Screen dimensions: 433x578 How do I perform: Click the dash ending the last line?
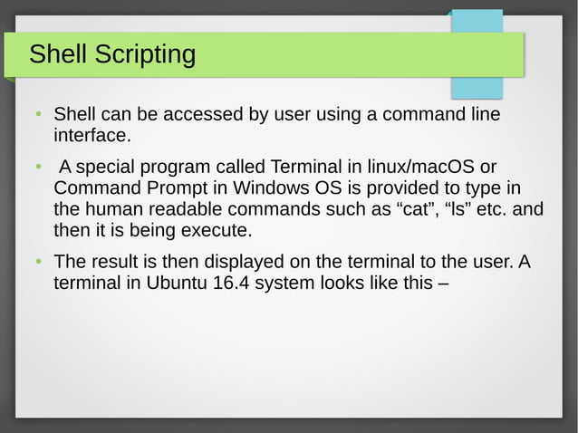point(443,283)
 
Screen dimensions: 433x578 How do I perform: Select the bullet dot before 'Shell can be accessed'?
point(38,116)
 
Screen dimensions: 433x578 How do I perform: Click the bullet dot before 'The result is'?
point(38,263)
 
